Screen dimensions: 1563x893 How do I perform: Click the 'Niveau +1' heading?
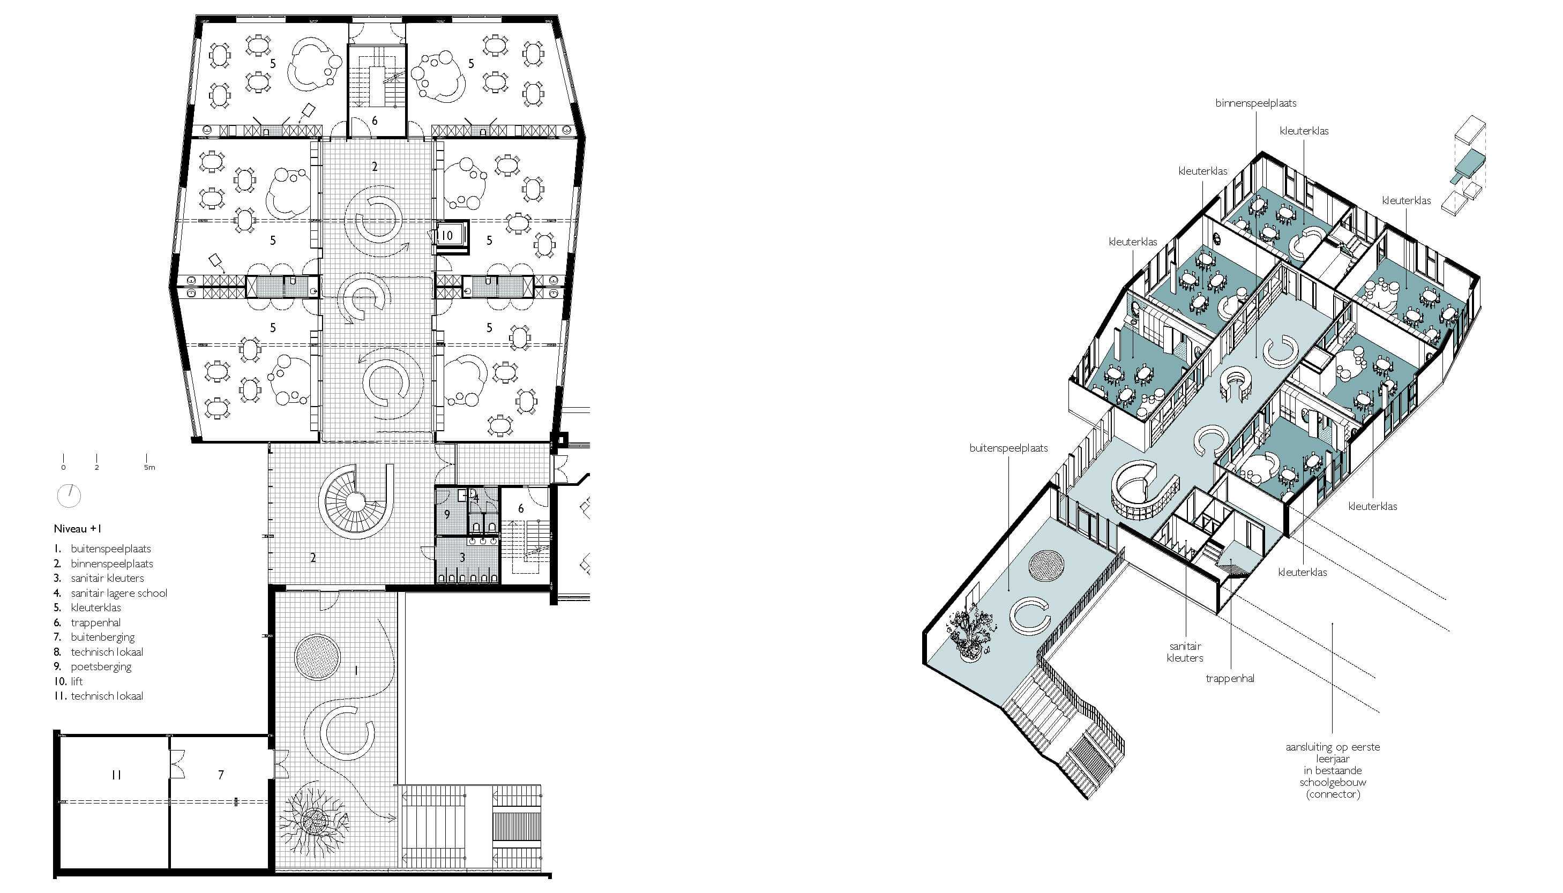(x=77, y=529)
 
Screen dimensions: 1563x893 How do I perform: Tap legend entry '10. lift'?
(x=68, y=681)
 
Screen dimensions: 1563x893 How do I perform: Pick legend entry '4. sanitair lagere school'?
(x=110, y=593)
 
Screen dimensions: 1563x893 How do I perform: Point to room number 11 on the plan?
(x=117, y=775)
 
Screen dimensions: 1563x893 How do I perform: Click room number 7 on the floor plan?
(x=221, y=775)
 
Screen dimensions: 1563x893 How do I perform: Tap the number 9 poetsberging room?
(x=447, y=514)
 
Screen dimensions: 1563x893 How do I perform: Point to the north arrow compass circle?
(x=69, y=496)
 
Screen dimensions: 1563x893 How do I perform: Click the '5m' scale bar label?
(x=149, y=467)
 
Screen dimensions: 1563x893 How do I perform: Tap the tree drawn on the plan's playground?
(x=315, y=820)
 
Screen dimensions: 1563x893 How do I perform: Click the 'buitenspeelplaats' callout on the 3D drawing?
(x=1008, y=448)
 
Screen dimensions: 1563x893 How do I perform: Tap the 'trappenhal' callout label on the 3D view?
(x=1230, y=678)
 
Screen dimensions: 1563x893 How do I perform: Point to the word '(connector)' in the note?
(x=1333, y=794)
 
